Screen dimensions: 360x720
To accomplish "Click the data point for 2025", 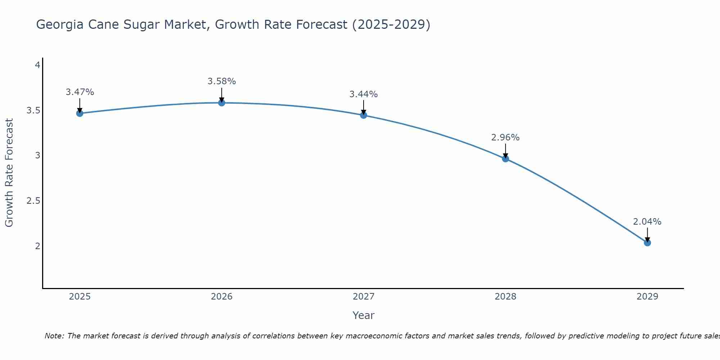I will click(x=80, y=113).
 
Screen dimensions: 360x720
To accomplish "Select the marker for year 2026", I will click(x=222, y=103).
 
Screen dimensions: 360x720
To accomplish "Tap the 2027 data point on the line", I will click(x=364, y=115).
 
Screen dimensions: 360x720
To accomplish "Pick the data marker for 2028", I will click(x=505, y=159).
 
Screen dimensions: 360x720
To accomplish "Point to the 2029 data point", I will click(x=647, y=243).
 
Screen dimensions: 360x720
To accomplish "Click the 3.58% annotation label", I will click(x=222, y=81).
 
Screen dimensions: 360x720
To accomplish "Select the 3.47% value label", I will click(x=80, y=92).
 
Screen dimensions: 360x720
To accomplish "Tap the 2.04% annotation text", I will click(x=647, y=222).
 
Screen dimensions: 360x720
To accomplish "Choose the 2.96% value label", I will click(x=505, y=138).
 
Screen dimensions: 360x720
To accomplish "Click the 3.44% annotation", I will click(x=364, y=94).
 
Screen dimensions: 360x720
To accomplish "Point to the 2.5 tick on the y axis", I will click(x=33, y=201).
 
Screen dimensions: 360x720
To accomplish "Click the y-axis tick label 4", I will click(x=37, y=65).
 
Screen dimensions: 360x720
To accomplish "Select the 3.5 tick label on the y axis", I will click(x=33, y=111).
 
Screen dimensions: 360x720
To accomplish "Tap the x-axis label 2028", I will click(x=505, y=297).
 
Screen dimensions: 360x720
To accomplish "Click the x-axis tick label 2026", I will click(x=222, y=297).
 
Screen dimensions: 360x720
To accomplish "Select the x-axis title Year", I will click(x=364, y=315).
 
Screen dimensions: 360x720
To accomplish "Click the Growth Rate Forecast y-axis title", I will click(x=9, y=173).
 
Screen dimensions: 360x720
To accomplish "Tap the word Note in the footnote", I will click(x=54, y=336).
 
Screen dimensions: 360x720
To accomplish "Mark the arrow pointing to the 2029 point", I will click(x=647, y=234).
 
